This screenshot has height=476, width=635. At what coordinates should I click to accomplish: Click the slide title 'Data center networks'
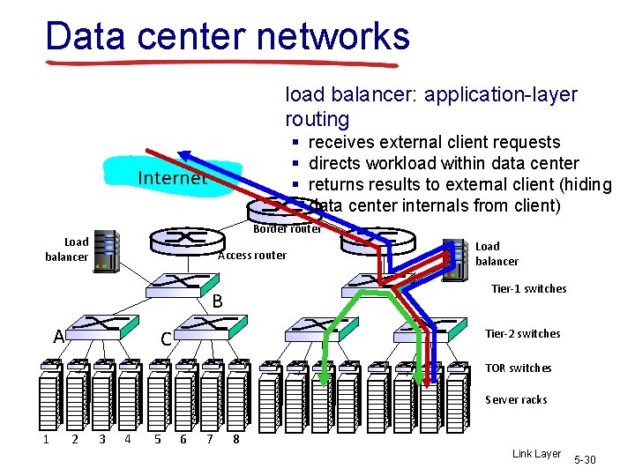pos(228,36)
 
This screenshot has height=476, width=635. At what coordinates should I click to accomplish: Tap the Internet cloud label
pos(172,178)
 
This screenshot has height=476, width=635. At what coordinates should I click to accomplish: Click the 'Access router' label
pos(252,256)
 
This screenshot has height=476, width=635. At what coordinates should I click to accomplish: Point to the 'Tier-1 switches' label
pos(529,289)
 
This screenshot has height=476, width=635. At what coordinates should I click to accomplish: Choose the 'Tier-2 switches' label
pos(523,334)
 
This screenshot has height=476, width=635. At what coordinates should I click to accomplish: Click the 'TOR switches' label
pos(518,368)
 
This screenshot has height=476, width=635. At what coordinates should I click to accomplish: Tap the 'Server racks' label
pos(516,400)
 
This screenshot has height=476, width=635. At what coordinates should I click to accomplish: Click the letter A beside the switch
pos(58,337)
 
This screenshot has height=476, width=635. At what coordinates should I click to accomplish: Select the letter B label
pos(217,301)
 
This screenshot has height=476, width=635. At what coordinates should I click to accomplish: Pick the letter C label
pos(165,339)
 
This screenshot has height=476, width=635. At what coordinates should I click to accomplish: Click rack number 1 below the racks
pos(46,439)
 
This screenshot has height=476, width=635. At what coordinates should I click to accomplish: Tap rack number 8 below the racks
pos(236,439)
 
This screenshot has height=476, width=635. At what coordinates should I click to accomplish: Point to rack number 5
pos(156,439)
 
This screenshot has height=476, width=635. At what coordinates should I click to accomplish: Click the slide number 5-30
pos(585,460)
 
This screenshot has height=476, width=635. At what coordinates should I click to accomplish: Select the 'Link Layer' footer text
pos(536,454)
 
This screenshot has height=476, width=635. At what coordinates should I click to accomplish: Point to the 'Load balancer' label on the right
pos(497,254)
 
